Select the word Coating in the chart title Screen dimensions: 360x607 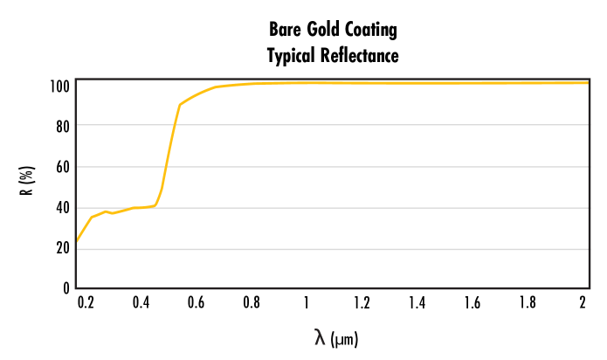tap(370, 31)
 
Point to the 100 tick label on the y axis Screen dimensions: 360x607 tap(59, 87)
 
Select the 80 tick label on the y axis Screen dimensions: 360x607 tap(62, 125)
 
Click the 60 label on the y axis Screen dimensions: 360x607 tap(62, 166)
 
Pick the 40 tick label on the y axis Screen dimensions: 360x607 tap(62, 208)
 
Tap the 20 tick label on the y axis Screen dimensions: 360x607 tap(62, 248)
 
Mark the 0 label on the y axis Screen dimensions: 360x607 tap(66, 287)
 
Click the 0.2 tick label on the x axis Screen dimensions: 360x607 tap(86, 303)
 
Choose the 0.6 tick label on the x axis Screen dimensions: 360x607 tap(196, 303)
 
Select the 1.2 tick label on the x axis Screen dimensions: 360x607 tap(362, 303)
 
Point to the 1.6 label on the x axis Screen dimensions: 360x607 tap(472, 303)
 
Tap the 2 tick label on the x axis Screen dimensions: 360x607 tap(583, 303)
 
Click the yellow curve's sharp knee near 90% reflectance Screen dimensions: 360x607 tap(179, 105)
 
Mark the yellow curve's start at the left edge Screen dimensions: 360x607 tap(77, 241)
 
